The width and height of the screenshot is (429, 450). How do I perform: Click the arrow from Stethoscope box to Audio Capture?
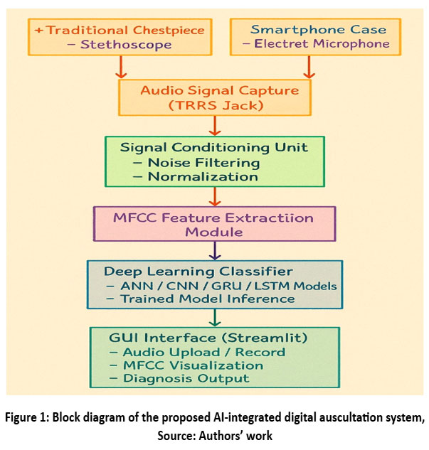(119, 67)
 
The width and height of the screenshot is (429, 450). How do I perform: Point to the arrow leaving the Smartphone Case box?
(308, 67)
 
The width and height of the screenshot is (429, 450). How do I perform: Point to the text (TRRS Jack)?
(215, 105)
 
